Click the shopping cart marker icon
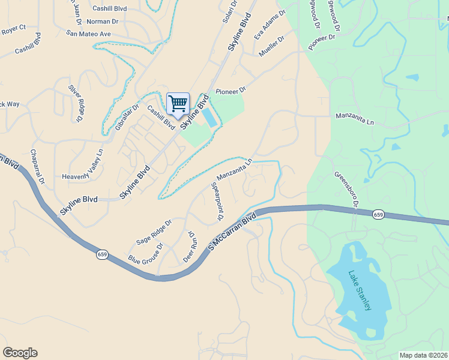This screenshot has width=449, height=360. pyautogui.click(x=178, y=104)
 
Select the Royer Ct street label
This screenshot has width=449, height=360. pyautogui.click(x=14, y=28)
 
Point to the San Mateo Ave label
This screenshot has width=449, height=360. pyautogui.click(x=89, y=34)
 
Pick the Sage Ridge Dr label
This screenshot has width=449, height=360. pyautogui.click(x=154, y=232)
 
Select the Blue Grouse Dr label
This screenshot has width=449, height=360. pyautogui.click(x=146, y=254)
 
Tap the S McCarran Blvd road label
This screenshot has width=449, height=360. pyautogui.click(x=232, y=230)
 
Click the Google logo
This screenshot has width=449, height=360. pyautogui.click(x=20, y=353)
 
